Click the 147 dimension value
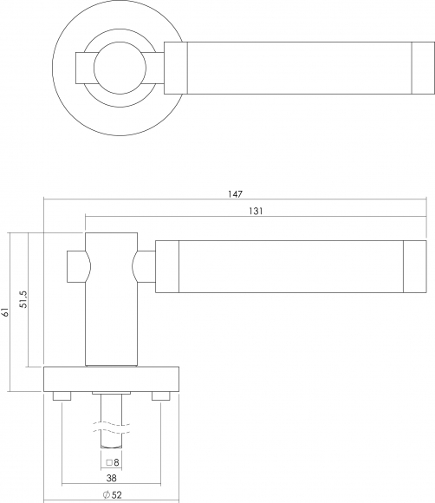[x=236, y=194]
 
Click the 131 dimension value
[x=256, y=211]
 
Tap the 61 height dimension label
[x=4, y=312]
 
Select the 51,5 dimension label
[x=23, y=299]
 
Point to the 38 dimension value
[x=111, y=479]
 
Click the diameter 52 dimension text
[x=112, y=495]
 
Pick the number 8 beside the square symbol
[x=116, y=462]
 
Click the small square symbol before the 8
[x=109, y=463]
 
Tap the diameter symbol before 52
[x=107, y=495]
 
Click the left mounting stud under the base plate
[x=62, y=395]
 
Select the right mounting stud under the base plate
[x=161, y=395]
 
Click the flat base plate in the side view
[x=111, y=379]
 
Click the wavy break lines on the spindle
[x=111, y=428]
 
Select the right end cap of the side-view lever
[x=415, y=266]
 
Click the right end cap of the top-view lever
[x=423, y=68]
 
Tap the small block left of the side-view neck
[x=77, y=266]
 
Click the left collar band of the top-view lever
[x=176, y=68]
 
